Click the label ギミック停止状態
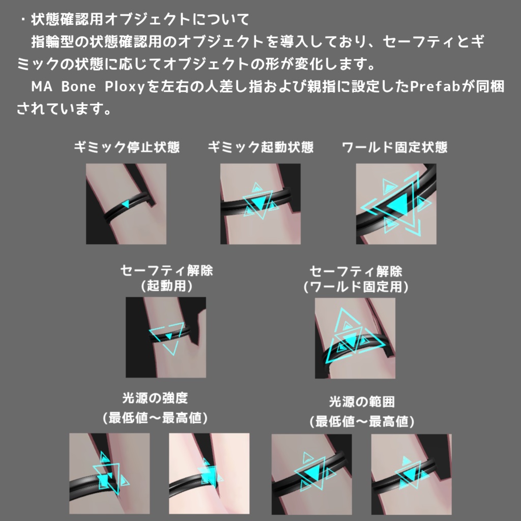127,148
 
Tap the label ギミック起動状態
260,148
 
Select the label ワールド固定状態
395,148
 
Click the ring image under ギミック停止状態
126,204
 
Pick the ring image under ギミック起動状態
260,204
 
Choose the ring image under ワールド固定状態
396,204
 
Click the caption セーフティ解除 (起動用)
166,278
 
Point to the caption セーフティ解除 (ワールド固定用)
356,278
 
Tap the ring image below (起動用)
166,337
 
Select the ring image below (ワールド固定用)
355,338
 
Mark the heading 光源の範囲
362,402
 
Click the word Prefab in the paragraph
435,86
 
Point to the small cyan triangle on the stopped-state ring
125,204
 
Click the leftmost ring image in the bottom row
109,473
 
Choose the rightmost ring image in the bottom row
411,474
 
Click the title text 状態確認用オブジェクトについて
140,20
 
